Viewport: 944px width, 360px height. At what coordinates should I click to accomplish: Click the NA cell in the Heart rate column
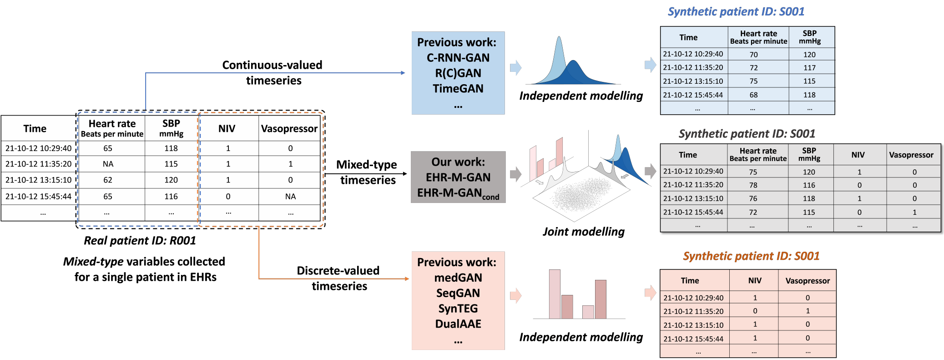click(108, 164)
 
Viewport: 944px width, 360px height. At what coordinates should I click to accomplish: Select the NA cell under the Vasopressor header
click(290, 197)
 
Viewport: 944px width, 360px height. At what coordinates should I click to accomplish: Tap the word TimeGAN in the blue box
click(458, 88)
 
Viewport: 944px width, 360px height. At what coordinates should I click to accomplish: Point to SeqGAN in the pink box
click(458, 293)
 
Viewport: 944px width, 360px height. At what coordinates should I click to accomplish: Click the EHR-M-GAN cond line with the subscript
click(458, 193)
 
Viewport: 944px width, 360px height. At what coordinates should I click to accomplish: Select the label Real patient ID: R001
click(140, 241)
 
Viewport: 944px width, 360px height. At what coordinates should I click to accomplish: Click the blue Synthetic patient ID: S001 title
click(736, 12)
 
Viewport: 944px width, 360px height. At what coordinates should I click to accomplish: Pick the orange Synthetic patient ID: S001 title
click(751, 256)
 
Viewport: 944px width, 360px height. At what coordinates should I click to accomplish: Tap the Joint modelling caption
click(583, 232)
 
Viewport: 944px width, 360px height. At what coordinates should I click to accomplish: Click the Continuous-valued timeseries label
click(273, 73)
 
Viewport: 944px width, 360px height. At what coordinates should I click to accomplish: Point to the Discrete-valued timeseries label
click(338, 278)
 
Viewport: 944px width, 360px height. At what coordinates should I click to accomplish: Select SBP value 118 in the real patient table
click(171, 148)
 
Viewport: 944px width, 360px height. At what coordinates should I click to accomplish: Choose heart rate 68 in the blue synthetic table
click(753, 95)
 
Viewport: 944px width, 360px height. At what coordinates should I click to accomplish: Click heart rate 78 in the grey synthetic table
click(753, 185)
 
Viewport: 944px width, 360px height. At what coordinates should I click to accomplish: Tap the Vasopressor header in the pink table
click(808, 281)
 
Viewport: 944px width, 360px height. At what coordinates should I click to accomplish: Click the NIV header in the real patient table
click(227, 129)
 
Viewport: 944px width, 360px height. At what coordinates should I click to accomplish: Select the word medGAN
click(458, 278)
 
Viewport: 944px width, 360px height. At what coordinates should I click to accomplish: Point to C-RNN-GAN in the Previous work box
click(458, 58)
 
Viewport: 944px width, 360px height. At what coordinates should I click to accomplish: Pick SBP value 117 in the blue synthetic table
click(809, 68)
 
